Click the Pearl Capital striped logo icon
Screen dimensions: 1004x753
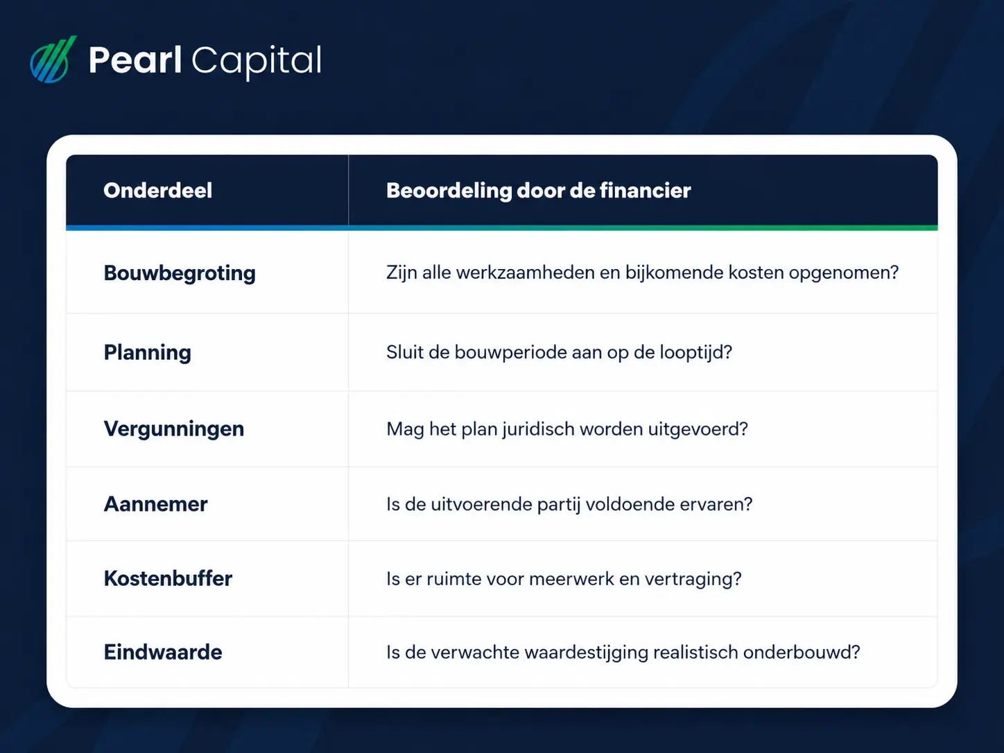pos(53,60)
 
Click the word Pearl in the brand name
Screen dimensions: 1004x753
pos(135,60)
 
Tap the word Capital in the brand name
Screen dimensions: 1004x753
pos(257,62)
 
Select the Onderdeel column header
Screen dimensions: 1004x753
pos(158,191)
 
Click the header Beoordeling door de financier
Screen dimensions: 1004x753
pos(538,191)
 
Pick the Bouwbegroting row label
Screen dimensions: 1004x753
pos(180,274)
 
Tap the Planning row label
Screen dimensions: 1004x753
pos(147,353)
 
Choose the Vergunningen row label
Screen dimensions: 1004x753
pos(174,429)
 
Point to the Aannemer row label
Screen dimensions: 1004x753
pos(155,504)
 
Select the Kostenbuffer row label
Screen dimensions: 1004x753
pos(168,579)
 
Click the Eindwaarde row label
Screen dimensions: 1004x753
pos(163,652)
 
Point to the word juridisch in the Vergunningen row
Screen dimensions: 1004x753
pos(537,430)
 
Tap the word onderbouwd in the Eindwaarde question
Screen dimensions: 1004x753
pos(802,652)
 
